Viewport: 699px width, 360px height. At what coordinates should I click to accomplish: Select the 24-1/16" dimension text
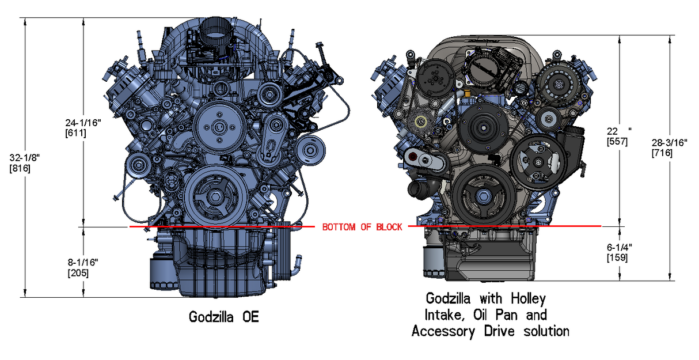pyautogui.click(x=83, y=123)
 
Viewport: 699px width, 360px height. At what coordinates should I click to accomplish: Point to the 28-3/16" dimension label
pyautogui.click(x=669, y=143)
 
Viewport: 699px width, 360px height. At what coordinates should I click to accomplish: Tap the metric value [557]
pyautogui.click(x=617, y=141)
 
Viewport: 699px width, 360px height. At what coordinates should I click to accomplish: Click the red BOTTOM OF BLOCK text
pyautogui.click(x=362, y=227)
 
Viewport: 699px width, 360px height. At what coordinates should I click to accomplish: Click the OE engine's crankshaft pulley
pyautogui.click(x=213, y=199)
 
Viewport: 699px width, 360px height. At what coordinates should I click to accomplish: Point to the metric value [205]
pyautogui.click(x=78, y=273)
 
